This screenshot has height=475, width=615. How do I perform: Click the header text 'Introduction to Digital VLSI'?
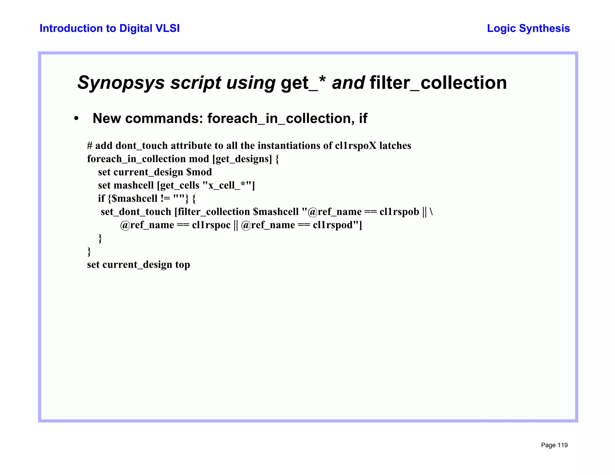coord(110,28)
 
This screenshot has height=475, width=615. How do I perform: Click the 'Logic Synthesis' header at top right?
coord(528,28)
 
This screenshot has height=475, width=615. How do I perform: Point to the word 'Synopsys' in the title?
coord(121,83)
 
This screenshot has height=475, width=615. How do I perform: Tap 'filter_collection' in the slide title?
coord(438,83)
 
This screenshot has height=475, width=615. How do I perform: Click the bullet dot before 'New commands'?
coord(76,119)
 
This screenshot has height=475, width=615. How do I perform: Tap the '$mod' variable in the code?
coord(199,172)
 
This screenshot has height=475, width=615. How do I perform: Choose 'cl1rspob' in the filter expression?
coord(399,212)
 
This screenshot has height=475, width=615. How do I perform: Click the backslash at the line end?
coord(431,212)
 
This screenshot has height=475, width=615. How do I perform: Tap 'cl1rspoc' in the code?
coord(211,225)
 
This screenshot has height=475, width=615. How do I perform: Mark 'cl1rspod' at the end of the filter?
coord(332,225)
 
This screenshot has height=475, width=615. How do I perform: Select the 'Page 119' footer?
coord(554,445)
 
